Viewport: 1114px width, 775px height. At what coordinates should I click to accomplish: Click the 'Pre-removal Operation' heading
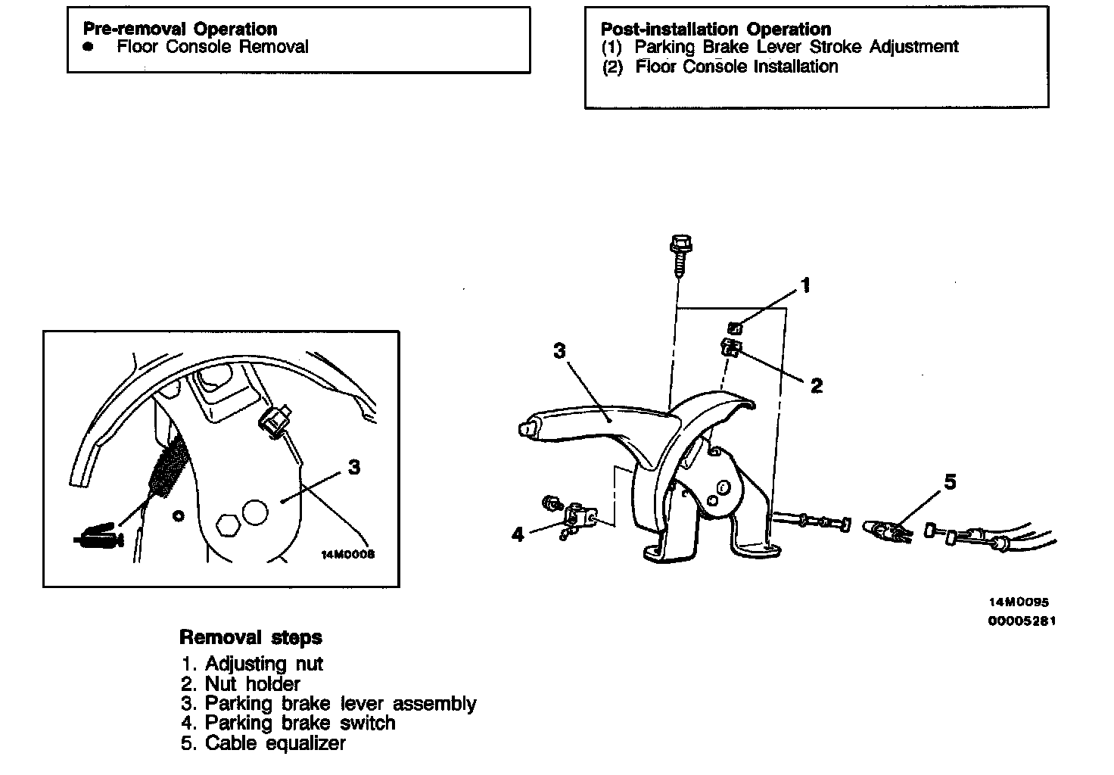[180, 29]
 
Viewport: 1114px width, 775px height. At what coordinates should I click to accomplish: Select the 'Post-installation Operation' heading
[715, 29]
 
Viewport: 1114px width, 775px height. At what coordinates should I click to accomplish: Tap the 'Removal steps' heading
[250, 637]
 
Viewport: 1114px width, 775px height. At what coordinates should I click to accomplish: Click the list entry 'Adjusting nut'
[263, 664]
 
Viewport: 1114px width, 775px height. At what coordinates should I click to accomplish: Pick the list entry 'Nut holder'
[253, 683]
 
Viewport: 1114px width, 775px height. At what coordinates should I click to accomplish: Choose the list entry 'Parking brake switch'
[300, 723]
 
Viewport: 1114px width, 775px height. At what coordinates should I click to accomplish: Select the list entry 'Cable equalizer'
[275, 743]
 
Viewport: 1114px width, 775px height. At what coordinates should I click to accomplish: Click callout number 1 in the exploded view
[806, 285]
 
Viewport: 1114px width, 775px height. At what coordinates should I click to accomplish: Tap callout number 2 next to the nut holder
[816, 386]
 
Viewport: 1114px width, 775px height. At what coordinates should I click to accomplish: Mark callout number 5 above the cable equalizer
[950, 481]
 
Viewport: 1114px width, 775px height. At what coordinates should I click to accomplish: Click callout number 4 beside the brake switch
[518, 535]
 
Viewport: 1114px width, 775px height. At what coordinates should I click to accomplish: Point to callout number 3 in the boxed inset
[354, 468]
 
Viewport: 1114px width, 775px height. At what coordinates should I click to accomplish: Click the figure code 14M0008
[348, 554]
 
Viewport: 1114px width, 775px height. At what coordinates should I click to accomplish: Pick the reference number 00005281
[1021, 621]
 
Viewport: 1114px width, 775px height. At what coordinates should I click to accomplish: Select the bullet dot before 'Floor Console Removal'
[89, 47]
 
